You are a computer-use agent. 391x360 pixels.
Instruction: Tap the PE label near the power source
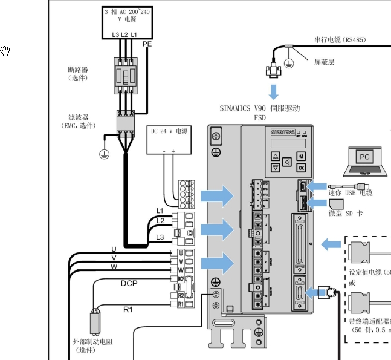click(147, 44)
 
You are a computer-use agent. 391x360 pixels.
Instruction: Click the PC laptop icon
click(364, 160)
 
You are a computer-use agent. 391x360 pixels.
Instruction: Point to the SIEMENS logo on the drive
click(283, 131)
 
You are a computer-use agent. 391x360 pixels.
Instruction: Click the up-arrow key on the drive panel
click(275, 155)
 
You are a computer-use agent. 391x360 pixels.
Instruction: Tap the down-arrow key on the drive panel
click(275, 168)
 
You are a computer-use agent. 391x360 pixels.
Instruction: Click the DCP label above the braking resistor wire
click(129, 283)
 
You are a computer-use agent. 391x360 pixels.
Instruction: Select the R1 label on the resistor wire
click(128, 309)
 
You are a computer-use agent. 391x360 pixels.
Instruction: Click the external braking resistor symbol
click(94, 322)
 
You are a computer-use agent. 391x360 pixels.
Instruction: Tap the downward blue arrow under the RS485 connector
click(274, 91)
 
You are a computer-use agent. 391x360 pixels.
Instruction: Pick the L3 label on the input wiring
click(160, 237)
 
